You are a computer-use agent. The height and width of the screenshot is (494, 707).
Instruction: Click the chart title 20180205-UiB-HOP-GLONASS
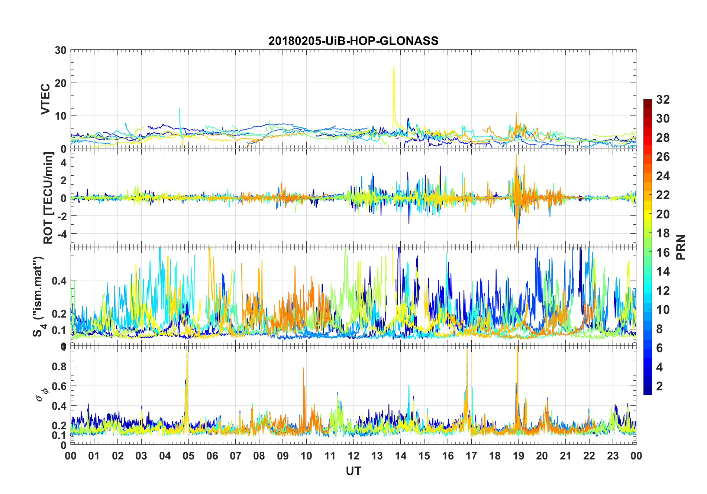tap(353, 41)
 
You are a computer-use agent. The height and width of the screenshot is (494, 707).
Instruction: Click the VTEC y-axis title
tap(45, 99)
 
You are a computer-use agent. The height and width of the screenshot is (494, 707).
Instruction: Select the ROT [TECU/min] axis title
tap(48, 198)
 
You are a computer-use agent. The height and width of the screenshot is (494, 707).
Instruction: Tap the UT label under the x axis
tap(353, 471)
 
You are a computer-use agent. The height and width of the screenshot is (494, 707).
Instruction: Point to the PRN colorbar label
tap(681, 247)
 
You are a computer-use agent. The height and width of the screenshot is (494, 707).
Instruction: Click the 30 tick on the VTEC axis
tap(61, 50)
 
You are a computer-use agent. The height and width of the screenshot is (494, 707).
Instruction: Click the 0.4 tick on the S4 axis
tap(59, 281)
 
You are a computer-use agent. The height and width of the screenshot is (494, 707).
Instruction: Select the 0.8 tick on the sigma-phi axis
tap(59, 366)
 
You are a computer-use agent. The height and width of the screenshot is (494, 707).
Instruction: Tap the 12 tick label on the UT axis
tap(353, 456)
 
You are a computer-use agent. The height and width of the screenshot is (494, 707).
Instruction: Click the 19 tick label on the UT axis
tap(519, 456)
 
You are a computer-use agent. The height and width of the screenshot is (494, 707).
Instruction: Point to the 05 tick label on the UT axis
tap(188, 456)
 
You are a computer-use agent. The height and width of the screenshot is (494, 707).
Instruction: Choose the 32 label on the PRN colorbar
tap(663, 99)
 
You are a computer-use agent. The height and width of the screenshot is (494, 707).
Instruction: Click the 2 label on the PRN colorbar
tap(659, 386)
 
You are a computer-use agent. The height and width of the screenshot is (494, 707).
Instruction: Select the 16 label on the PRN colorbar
tap(663, 252)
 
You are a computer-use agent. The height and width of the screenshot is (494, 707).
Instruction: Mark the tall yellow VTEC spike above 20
tap(393, 71)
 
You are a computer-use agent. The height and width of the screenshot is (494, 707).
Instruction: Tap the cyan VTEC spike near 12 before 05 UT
tap(180, 110)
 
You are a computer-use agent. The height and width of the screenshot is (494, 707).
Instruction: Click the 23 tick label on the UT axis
tap(613, 456)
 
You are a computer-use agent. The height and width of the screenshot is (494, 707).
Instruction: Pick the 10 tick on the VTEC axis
tap(61, 116)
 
